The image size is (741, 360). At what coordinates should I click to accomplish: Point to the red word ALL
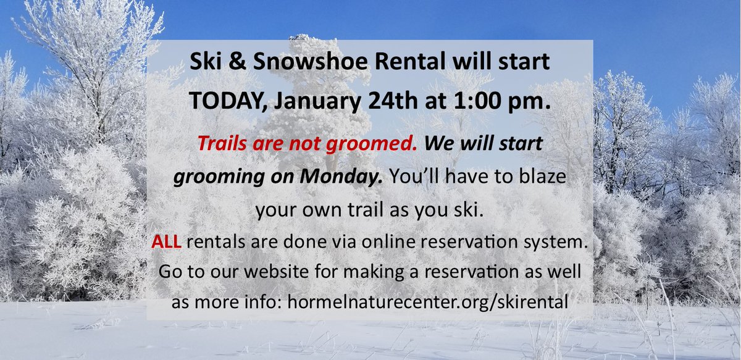point(167,242)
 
